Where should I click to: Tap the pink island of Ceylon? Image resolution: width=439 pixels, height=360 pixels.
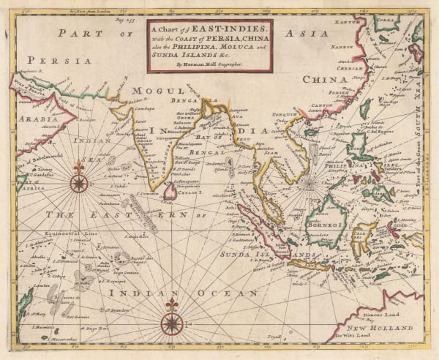pyautogui.click(x=169, y=191)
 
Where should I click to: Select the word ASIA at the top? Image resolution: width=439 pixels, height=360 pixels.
pyautogui.click(x=328, y=33)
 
